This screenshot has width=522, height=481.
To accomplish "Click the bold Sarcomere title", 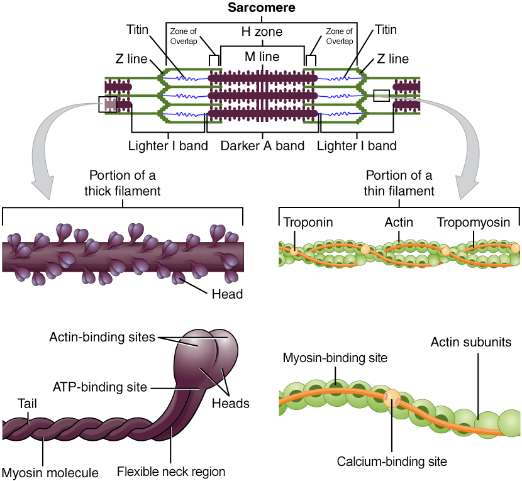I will (x=261, y=8).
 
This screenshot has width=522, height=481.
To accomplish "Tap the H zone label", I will (x=262, y=31).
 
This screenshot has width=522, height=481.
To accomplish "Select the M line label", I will (x=262, y=57).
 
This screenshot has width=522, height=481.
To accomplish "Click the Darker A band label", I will (x=262, y=146).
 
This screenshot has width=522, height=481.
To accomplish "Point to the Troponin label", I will (x=308, y=222).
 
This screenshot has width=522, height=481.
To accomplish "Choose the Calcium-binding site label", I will (x=392, y=461).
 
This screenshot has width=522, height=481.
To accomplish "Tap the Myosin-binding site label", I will (x=335, y=358).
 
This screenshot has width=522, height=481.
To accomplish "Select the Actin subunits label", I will (x=470, y=343).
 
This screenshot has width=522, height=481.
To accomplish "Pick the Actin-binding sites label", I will (x=102, y=337).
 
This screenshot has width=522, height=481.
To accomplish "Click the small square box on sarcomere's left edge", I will (x=108, y=104).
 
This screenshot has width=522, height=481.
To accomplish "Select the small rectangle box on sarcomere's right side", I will (x=381, y=96).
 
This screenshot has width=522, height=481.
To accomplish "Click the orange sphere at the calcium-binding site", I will (x=391, y=397).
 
